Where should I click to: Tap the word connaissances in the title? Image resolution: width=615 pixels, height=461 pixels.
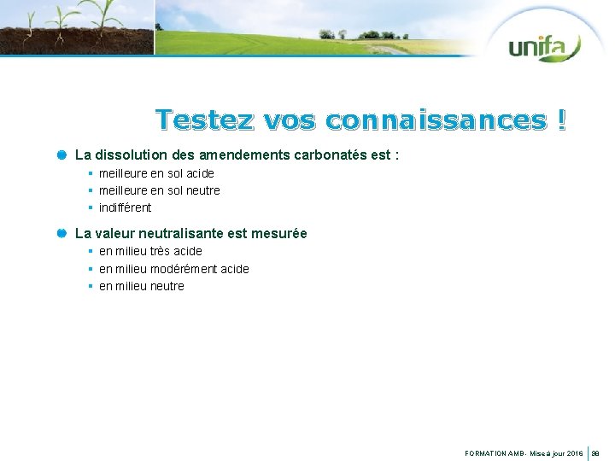(x=436, y=120)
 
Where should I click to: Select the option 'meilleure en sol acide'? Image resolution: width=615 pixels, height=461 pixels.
(x=156, y=173)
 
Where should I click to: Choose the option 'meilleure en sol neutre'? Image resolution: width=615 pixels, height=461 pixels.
(x=159, y=190)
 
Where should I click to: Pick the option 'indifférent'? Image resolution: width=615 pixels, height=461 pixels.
(x=125, y=207)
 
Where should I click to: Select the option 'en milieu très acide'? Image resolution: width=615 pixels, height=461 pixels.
(x=150, y=251)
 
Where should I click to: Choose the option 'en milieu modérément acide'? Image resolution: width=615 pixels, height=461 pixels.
(x=173, y=269)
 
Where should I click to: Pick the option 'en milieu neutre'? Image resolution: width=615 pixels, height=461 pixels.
(x=141, y=286)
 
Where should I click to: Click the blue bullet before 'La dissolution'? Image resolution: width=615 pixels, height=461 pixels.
(x=62, y=155)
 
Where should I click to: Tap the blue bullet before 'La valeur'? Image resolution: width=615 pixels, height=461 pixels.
(x=62, y=233)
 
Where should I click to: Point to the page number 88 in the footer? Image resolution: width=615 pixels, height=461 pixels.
(x=597, y=454)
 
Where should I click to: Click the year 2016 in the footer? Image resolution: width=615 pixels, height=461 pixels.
(x=574, y=454)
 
